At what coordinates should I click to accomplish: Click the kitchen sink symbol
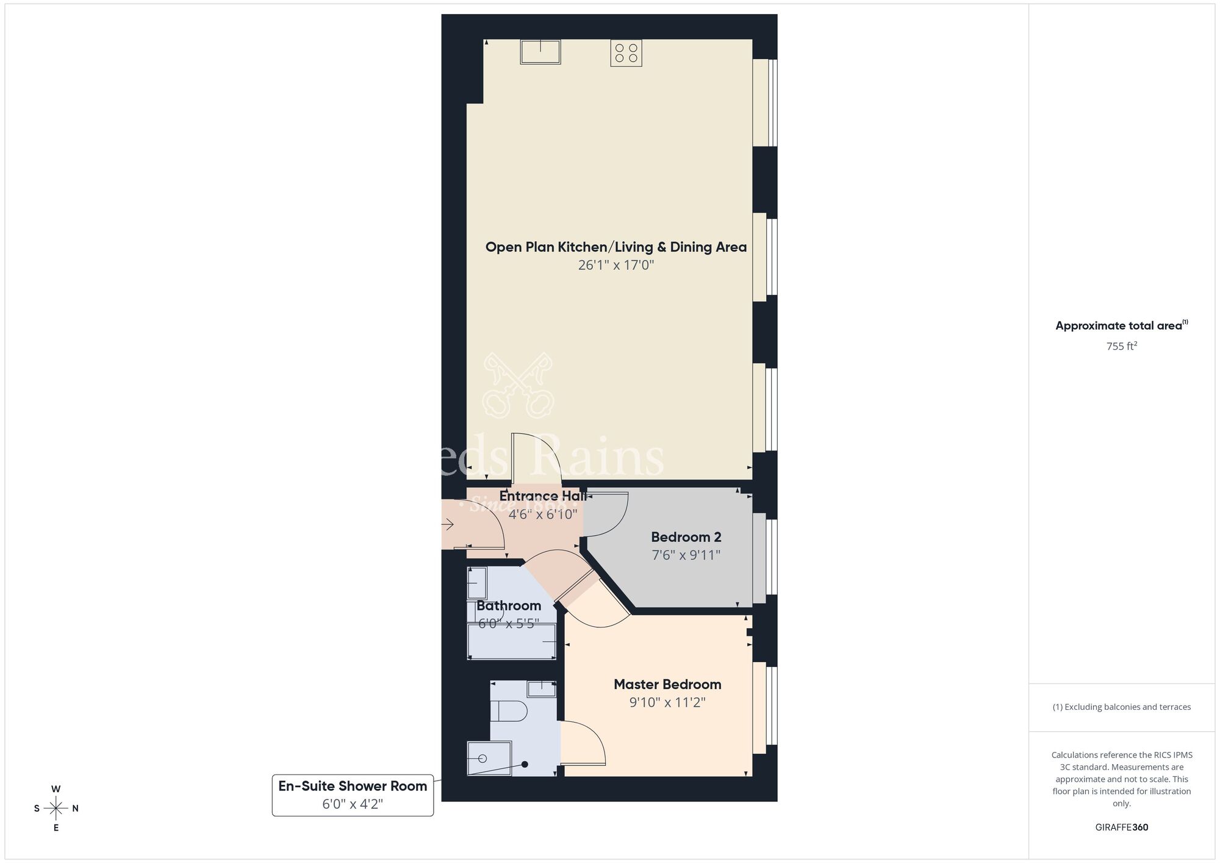tap(540, 52)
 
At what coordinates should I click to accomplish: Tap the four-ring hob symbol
tap(626, 53)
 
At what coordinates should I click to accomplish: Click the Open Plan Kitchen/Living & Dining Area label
tap(615, 247)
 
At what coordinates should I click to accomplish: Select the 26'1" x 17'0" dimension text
tap(615, 265)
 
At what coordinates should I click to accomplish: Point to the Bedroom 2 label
tap(686, 537)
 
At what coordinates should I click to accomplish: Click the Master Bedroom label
tap(667, 684)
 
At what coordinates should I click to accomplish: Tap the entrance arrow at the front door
tap(448, 524)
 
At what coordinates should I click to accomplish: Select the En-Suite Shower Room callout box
tap(353, 795)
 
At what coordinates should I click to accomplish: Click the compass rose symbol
tap(56, 809)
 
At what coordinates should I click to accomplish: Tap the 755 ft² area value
tap(1121, 347)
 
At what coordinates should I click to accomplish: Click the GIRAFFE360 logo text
tap(1121, 828)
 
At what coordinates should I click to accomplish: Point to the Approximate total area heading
tap(1121, 326)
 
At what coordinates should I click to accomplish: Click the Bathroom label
tap(509, 605)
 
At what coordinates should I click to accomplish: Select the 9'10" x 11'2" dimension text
tap(667, 702)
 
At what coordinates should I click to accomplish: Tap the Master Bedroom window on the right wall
tap(765, 706)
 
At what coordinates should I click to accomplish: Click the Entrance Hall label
tap(542, 496)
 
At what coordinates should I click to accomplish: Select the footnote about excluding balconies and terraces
tap(1121, 707)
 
